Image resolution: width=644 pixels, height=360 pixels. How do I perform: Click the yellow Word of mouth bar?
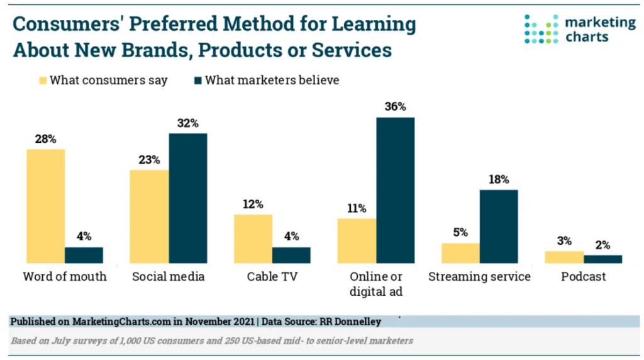[x=45, y=206]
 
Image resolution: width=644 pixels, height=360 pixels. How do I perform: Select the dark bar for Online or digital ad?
[x=395, y=190]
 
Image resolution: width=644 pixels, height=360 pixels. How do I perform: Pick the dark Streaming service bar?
[x=498, y=226]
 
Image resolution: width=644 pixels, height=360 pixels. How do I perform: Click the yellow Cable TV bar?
[x=253, y=239]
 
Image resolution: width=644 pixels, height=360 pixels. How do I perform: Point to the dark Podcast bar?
[x=602, y=259]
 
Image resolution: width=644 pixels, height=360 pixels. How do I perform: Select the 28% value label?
[x=45, y=138]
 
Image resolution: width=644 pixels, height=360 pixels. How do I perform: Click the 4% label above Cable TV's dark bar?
[x=291, y=236]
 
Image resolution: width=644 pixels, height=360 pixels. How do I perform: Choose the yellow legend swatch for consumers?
[x=43, y=81]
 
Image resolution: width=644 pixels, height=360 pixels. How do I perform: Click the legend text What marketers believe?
[x=272, y=81]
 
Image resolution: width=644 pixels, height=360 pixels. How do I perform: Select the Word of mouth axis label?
[x=65, y=277]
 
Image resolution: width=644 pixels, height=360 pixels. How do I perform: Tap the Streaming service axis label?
[x=479, y=277]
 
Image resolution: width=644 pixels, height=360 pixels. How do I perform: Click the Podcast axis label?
[x=584, y=277]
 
